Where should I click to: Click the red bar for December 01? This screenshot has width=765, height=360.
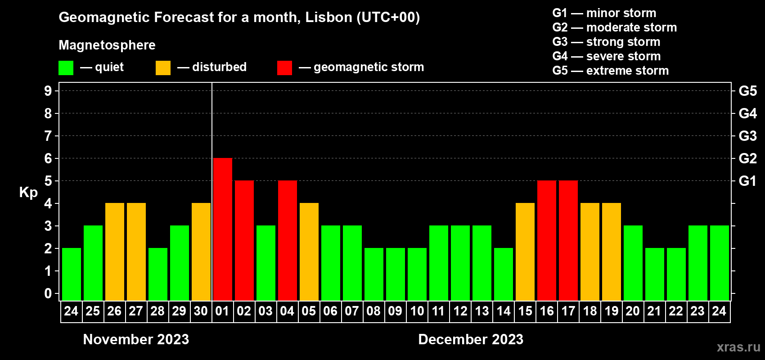[222, 229]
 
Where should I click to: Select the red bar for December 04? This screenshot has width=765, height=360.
[287, 240]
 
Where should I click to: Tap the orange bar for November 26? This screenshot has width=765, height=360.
[114, 252]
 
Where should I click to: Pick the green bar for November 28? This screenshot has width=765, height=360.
[157, 274]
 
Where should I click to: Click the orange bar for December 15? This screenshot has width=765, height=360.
[525, 252]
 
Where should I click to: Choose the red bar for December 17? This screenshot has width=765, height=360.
[568, 240]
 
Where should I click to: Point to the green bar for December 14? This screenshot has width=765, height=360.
[503, 274]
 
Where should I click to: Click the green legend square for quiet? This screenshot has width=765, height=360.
[66, 68]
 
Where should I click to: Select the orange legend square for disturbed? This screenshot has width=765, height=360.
[163, 68]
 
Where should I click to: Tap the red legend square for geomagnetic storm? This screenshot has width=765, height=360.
[284, 68]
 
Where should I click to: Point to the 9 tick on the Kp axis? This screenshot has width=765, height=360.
[48, 91]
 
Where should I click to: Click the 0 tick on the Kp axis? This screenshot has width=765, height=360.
[48, 293]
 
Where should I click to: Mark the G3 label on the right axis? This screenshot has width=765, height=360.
[747, 136]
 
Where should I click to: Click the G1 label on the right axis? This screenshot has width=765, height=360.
[747, 181]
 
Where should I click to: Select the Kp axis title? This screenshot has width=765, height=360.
[28, 193]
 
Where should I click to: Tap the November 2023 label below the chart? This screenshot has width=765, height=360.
[136, 339]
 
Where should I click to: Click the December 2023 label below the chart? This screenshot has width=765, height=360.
[471, 339]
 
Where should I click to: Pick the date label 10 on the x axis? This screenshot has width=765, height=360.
[417, 311]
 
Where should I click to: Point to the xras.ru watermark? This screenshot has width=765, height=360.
[738, 347]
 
